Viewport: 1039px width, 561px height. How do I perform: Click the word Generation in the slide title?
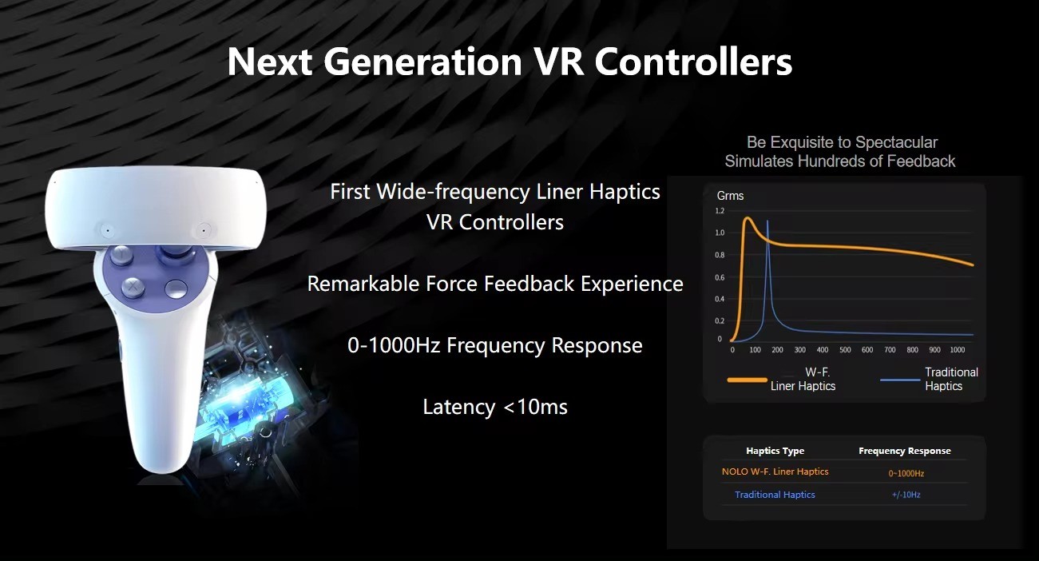[422, 62]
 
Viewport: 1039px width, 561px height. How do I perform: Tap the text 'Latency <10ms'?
[495, 407]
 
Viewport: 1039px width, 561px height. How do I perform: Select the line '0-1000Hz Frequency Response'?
[495, 345]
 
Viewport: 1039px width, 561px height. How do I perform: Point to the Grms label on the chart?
[730, 196]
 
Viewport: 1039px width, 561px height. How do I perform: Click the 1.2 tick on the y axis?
[720, 211]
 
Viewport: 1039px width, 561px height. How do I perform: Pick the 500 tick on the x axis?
[845, 350]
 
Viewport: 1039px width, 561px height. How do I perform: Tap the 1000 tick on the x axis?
[958, 350]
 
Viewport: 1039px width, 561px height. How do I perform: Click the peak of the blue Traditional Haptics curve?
[767, 221]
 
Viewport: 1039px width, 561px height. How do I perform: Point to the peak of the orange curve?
[748, 217]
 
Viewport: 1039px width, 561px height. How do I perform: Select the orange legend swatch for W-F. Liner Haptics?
[748, 380]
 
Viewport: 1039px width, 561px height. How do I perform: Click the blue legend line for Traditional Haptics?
[900, 380]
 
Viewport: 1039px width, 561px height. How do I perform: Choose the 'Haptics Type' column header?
[775, 451]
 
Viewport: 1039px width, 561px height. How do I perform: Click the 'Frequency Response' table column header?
[905, 451]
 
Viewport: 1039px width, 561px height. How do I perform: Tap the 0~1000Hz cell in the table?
[906, 473]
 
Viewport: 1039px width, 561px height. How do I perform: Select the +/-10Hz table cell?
[906, 495]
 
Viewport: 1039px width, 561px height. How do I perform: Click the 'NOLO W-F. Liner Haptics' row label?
[775, 471]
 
